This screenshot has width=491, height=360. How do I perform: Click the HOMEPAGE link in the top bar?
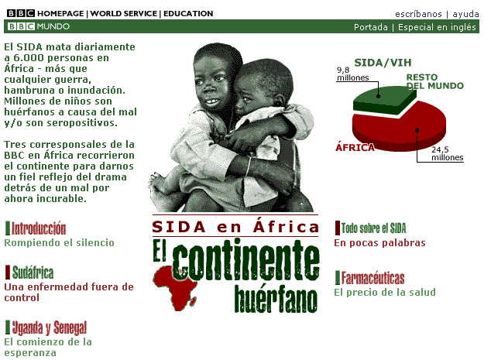(x=60, y=13)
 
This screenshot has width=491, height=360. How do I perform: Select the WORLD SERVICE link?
(x=124, y=13)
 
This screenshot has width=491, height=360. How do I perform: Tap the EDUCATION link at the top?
(x=188, y=13)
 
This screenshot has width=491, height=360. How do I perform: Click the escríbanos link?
(x=418, y=14)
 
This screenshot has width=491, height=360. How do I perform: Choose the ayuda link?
(x=465, y=15)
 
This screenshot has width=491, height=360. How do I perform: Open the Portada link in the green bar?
(x=371, y=27)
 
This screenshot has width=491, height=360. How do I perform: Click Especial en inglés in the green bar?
(x=437, y=27)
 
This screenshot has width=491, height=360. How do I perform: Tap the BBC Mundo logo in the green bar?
(x=38, y=26)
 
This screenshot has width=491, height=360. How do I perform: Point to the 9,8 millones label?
(x=352, y=74)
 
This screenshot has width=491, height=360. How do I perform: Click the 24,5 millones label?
(x=447, y=154)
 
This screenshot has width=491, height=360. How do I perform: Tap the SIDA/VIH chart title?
(x=383, y=63)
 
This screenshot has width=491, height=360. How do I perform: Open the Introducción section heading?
(x=39, y=228)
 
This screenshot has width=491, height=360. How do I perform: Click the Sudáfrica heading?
(x=33, y=272)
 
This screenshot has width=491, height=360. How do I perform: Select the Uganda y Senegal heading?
(x=50, y=327)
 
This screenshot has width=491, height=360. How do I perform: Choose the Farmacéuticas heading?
(x=373, y=278)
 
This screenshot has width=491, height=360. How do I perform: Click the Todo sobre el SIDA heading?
(x=373, y=228)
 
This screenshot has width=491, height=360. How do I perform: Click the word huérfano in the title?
(x=276, y=299)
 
